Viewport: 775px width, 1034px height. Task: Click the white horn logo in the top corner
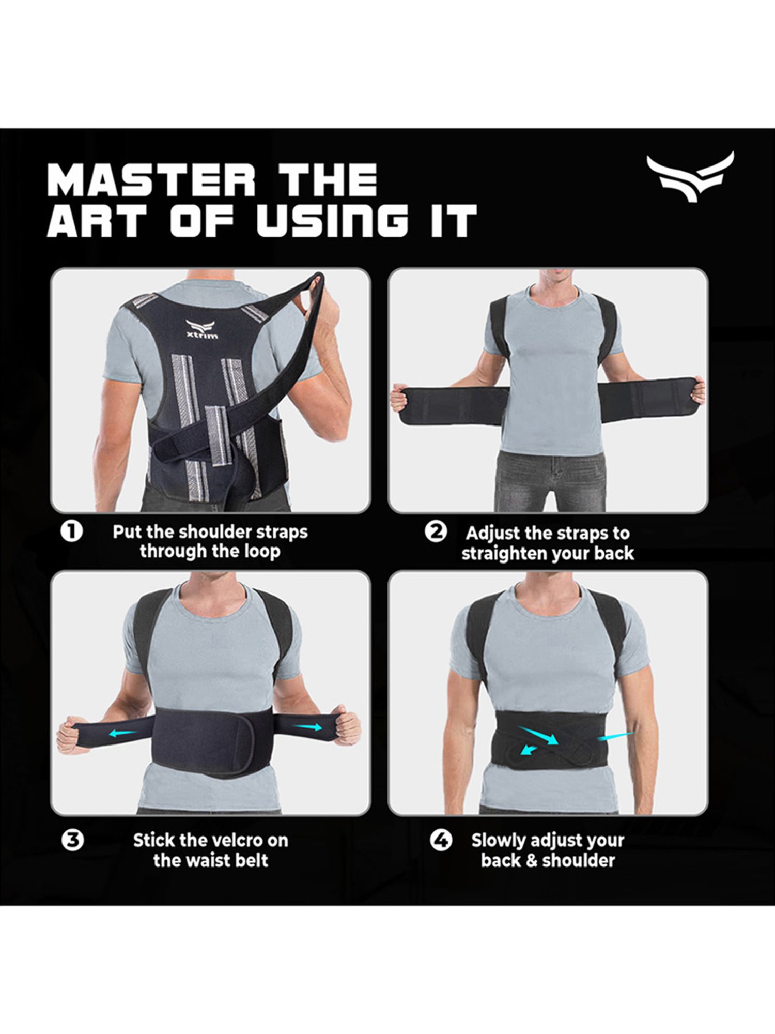tap(690, 176)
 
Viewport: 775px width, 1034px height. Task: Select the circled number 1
tap(72, 531)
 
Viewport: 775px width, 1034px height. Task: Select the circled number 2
tap(436, 531)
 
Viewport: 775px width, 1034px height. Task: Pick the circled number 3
tap(72, 840)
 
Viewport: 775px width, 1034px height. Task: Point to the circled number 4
tap(441, 840)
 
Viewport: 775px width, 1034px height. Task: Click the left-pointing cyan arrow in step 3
tap(124, 732)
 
